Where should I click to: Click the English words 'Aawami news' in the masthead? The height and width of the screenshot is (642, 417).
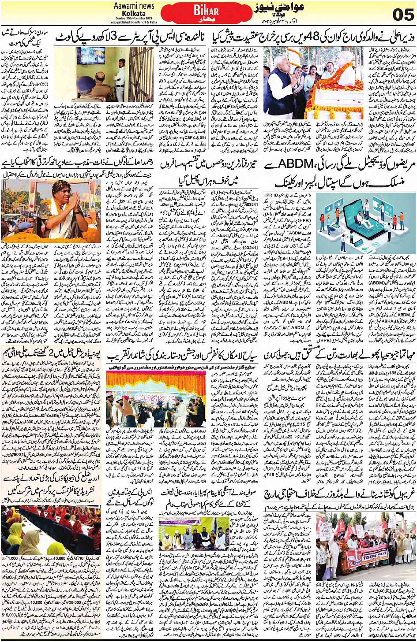click(x=134, y=6)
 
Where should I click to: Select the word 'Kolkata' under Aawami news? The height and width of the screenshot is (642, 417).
click(x=134, y=13)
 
